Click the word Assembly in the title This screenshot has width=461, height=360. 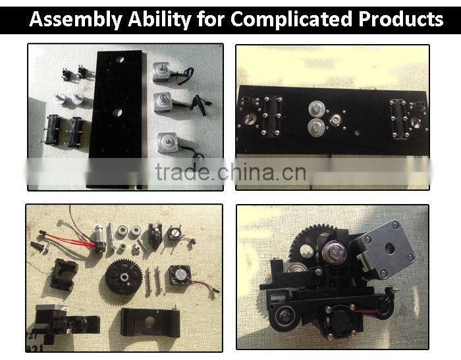coord(76,20)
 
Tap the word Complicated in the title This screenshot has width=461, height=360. coord(291,19)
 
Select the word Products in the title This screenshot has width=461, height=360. coord(400,19)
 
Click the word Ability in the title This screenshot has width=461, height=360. coord(159,20)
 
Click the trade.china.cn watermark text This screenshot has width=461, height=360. coord(230,172)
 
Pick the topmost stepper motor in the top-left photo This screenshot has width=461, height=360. coord(162,72)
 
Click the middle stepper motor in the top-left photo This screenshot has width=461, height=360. coord(163,102)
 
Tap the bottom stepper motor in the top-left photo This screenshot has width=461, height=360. coord(168,143)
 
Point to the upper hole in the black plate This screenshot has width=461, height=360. coord(119,60)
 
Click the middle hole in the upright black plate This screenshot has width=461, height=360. coord(117,112)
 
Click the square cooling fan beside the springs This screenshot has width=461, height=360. coord(178,275)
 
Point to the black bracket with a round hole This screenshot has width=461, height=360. coord(150,322)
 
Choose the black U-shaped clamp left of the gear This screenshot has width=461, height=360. coord(64,274)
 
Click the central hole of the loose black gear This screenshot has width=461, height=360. coord(124,276)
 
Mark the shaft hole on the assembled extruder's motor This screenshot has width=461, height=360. coord(391,247)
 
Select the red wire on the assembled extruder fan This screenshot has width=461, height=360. coord(367,311)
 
